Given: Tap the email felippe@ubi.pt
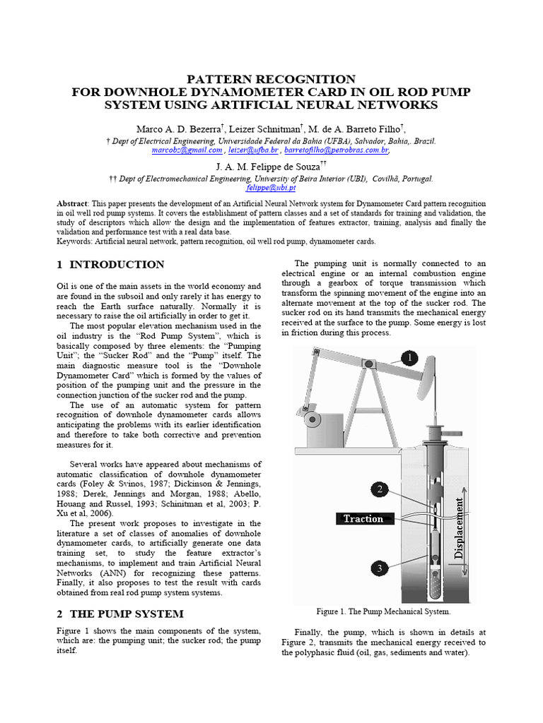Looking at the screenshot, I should pyautogui.click(x=271, y=189).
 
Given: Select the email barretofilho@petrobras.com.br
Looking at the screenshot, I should pyautogui.click(x=337, y=150).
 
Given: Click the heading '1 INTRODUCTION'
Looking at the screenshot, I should pyautogui.click(x=110, y=265).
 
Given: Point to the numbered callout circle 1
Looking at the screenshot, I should pyautogui.click(x=409, y=358).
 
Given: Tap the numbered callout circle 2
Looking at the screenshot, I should pyautogui.click(x=380, y=489).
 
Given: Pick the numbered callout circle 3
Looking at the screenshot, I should pyautogui.click(x=379, y=568).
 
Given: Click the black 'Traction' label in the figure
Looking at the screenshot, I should pyautogui.click(x=363, y=519).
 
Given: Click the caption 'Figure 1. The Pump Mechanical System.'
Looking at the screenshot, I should pyautogui.click(x=384, y=611).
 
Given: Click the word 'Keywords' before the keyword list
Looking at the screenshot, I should pyautogui.click(x=74, y=241).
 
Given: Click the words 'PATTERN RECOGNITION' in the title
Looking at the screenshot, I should pyautogui.click(x=271, y=79).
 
